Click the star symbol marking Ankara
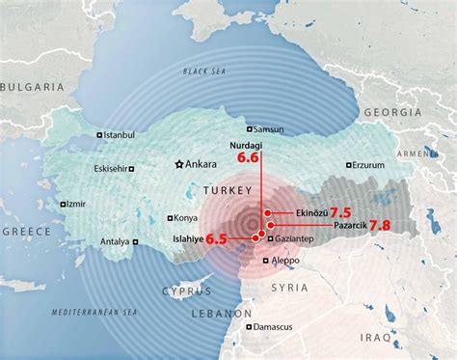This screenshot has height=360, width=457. [x=177, y=164]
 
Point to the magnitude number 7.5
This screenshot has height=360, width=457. [x=340, y=211]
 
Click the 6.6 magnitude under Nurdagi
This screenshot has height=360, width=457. [x=248, y=157]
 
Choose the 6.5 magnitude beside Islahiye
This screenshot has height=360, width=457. [x=216, y=238]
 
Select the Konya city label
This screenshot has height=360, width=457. [x=186, y=217]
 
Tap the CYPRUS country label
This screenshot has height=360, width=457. [x=186, y=290]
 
